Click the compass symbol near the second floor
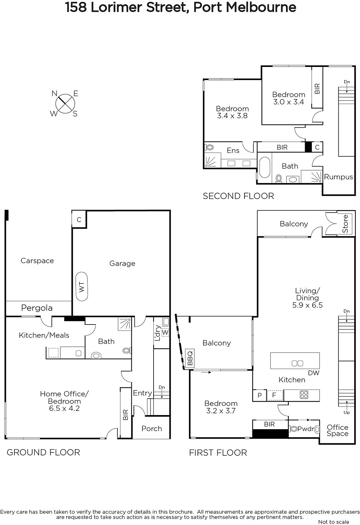[65, 104]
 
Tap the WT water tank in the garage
[82, 286]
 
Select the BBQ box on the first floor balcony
[190, 358]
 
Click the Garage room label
[122, 263]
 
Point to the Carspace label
[37, 261]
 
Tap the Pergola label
[37, 308]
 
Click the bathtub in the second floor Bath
[265, 167]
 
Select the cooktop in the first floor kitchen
[304, 395]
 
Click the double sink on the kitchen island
[297, 363]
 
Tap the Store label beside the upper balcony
[345, 223]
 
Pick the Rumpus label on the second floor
[338, 177]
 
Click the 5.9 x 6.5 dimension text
[307, 305]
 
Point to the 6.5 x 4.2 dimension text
[64, 408]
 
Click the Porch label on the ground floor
[152, 429]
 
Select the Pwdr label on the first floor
[306, 429]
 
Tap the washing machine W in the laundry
[165, 332]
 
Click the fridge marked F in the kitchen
[274, 395]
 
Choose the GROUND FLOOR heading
[43, 452]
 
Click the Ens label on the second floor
[233, 151]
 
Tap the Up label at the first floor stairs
[347, 412]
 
